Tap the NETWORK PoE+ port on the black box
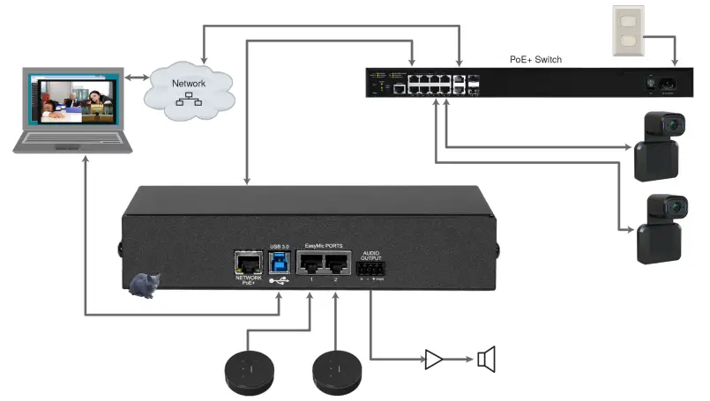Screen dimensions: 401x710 click(x=247, y=264)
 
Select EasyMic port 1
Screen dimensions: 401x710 click(x=310, y=264)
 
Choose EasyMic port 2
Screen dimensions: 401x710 click(x=336, y=264)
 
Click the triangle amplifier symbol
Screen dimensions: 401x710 click(x=435, y=359)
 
